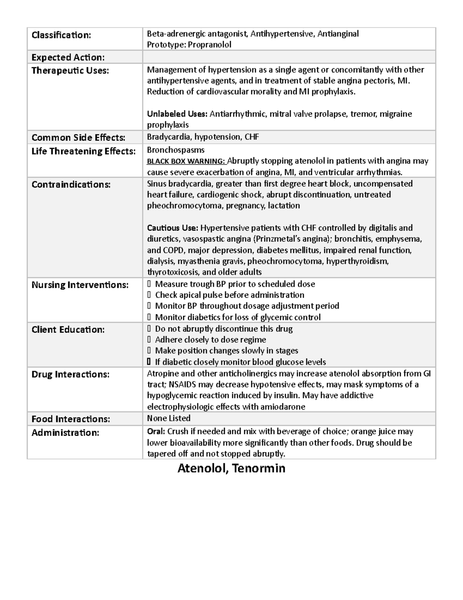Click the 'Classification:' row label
click(x=61, y=35)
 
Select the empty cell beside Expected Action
click(x=289, y=57)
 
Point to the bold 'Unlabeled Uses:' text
click(x=177, y=114)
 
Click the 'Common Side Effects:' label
click(x=78, y=138)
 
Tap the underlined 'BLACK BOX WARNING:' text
click(x=186, y=161)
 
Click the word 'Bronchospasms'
click(x=176, y=150)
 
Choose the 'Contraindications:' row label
click(x=71, y=185)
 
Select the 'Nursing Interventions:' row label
click(x=80, y=285)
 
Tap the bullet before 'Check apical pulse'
click(x=149, y=295)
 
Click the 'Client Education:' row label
click(x=68, y=330)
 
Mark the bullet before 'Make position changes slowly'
click(x=149, y=351)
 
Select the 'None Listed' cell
click(x=169, y=418)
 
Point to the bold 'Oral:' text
click(x=156, y=432)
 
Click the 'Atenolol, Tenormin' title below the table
click(x=231, y=468)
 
